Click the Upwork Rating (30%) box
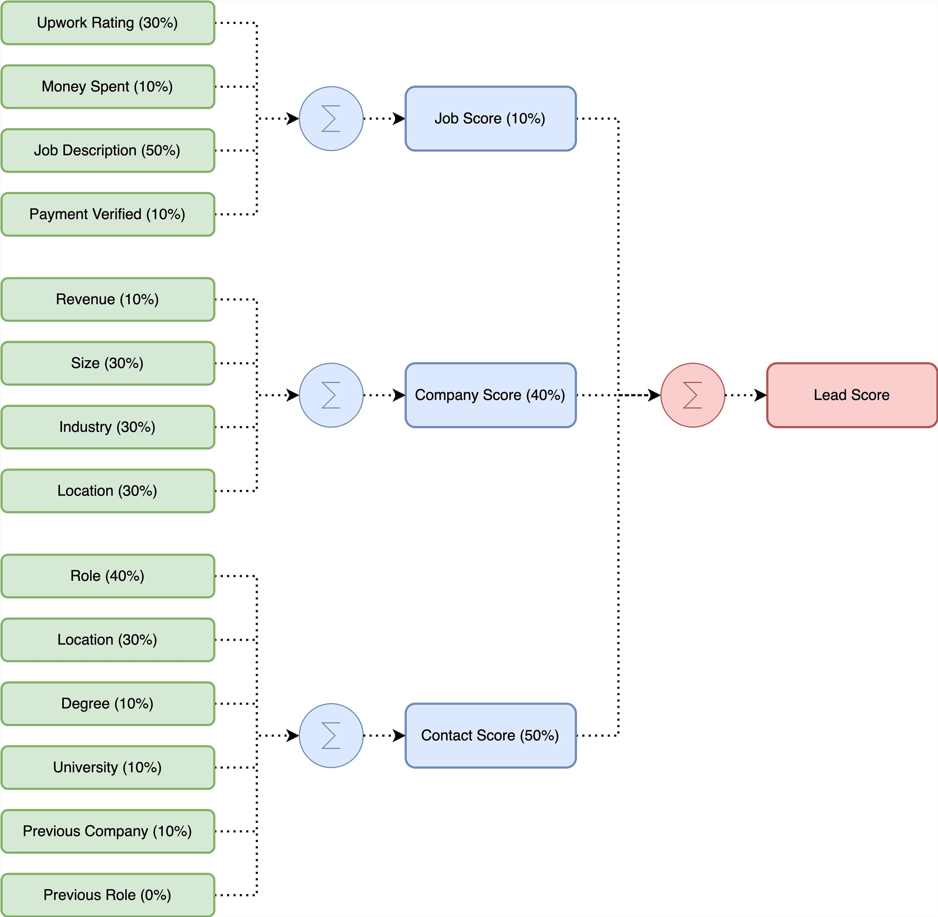coord(107,23)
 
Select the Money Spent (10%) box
coord(107,87)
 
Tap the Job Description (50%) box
coord(107,150)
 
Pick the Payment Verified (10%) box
coord(107,214)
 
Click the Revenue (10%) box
coord(107,299)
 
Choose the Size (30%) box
coord(107,363)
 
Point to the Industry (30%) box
coord(107,427)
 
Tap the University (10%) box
coord(107,767)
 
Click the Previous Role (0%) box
coord(107,895)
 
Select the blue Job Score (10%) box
coord(490,119)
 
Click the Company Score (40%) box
coord(490,395)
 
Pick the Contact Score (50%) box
coord(490,735)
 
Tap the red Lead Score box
coord(851,395)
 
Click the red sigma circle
coord(692,395)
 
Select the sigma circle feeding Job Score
coord(331,119)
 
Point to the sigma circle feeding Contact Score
coord(331,735)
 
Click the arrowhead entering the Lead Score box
coord(761,395)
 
